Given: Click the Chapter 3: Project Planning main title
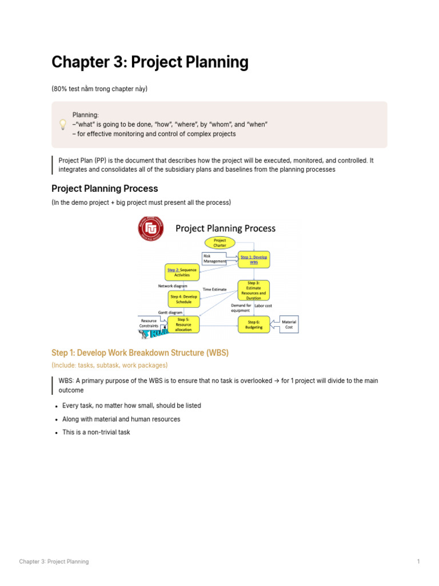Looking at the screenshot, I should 150,62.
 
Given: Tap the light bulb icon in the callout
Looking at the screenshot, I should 63,125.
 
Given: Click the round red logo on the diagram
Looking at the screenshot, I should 150,229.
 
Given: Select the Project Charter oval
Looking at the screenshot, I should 219,243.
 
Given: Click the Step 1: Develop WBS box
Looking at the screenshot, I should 253,260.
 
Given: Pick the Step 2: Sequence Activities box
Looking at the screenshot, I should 182,272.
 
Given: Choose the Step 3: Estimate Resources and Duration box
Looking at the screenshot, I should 253,290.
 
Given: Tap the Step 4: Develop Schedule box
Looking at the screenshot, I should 183,299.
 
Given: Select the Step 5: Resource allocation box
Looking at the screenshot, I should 183,324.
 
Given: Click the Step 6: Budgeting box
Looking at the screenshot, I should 253,324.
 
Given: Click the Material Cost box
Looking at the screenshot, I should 289,324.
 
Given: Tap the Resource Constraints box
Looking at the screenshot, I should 149,323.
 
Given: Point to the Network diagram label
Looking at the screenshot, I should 173,286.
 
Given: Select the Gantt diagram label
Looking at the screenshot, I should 170,312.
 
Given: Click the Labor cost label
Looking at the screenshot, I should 264,306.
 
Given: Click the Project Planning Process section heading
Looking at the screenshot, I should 105,188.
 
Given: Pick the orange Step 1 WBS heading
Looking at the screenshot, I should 140,353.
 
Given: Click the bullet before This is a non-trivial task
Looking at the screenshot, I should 56,433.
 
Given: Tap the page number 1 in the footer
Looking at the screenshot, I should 418,561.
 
